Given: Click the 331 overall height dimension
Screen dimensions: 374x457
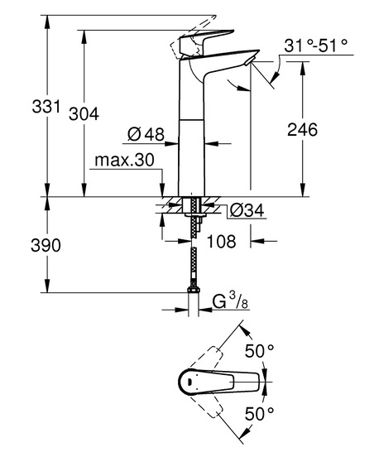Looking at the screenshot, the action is (46, 106).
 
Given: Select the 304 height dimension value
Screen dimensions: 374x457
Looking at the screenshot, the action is (84, 114).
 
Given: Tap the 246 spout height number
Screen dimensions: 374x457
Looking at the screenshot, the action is (302, 129).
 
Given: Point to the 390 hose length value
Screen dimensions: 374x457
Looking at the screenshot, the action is (46, 245).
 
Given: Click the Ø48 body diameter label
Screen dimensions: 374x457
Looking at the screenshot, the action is (146, 134).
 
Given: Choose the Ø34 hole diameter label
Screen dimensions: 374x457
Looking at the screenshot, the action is (247, 210).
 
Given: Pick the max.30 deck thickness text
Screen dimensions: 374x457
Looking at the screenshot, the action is (124, 160).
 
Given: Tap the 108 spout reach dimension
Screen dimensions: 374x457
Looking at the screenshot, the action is (221, 242).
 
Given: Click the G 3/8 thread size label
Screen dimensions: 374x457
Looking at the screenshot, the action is (230, 301).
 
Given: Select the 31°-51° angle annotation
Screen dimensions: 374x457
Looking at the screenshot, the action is (316, 46).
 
